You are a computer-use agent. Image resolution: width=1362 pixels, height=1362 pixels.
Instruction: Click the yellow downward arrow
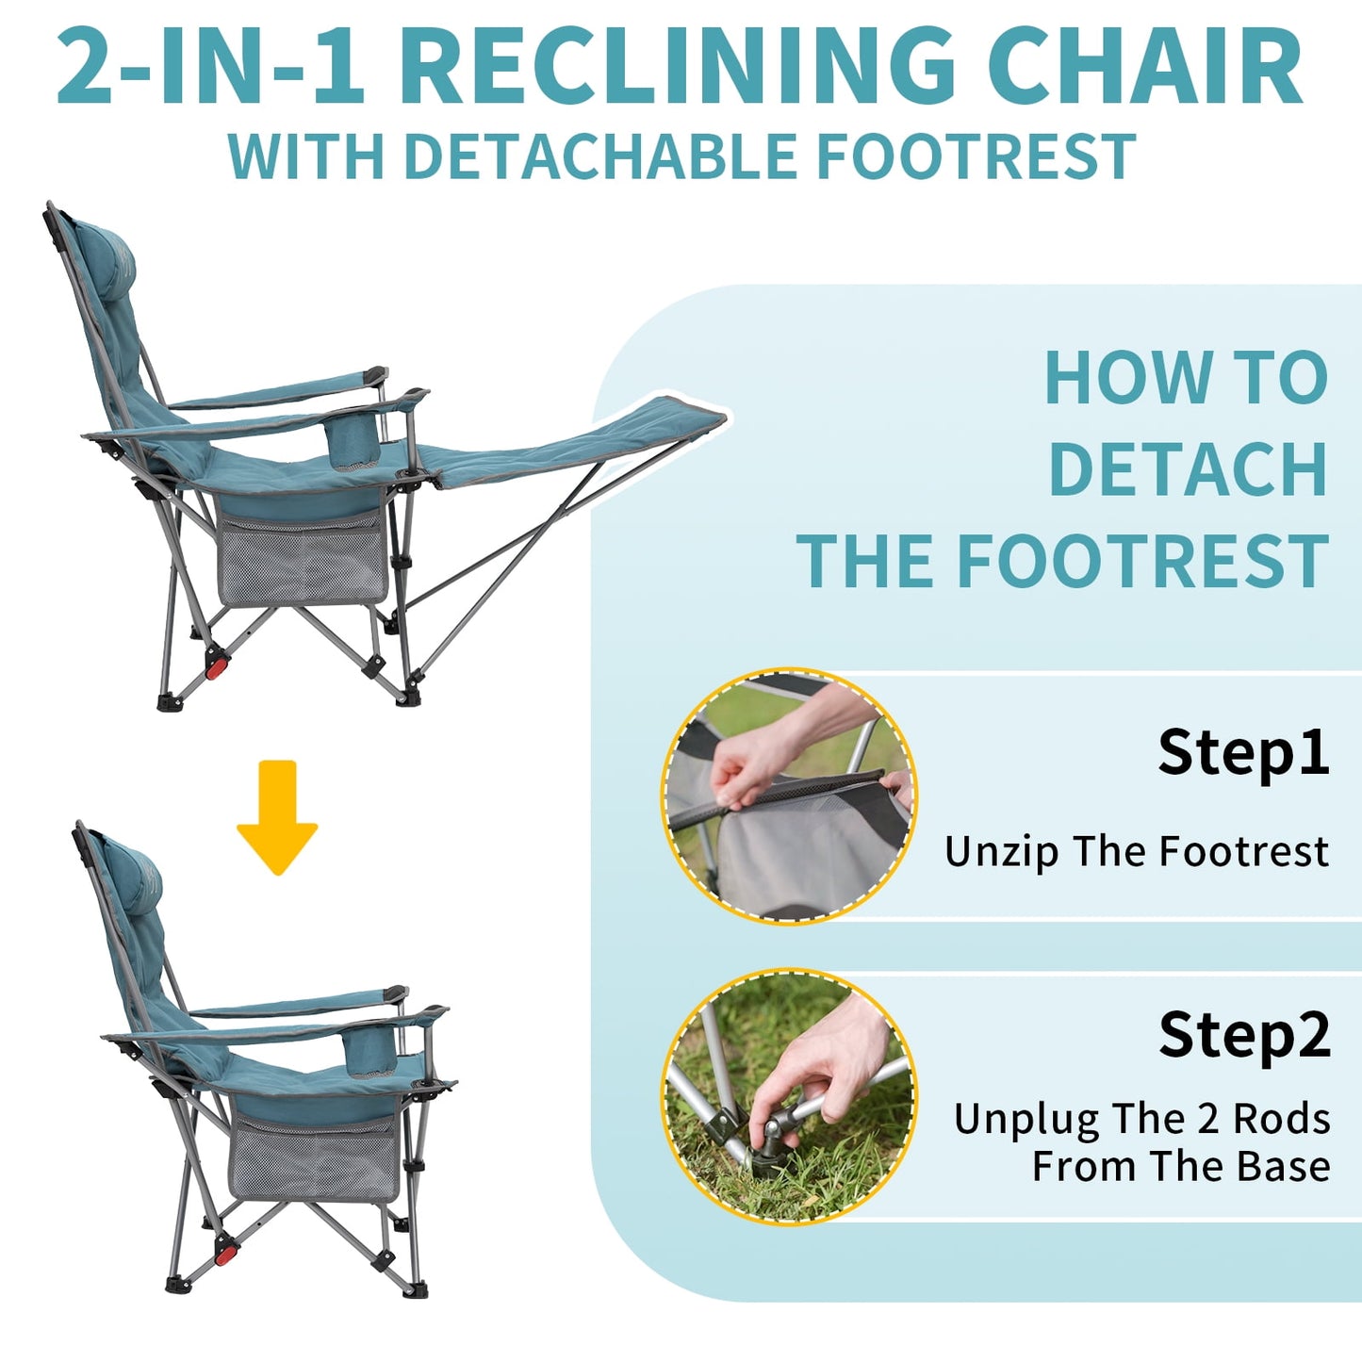click(277, 817)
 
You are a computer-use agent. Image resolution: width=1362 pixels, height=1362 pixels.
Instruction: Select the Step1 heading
click(1243, 752)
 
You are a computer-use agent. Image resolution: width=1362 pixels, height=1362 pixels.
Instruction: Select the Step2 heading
click(1244, 1035)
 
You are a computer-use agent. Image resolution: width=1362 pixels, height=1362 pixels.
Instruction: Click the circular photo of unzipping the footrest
click(789, 796)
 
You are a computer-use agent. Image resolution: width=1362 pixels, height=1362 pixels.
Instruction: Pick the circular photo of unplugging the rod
click(789, 1098)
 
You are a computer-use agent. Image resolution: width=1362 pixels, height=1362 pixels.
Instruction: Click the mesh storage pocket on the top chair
click(302, 558)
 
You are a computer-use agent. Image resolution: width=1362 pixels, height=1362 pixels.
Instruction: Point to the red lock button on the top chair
click(218, 667)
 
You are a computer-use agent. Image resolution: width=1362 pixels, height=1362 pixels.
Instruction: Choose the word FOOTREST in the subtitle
click(976, 156)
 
